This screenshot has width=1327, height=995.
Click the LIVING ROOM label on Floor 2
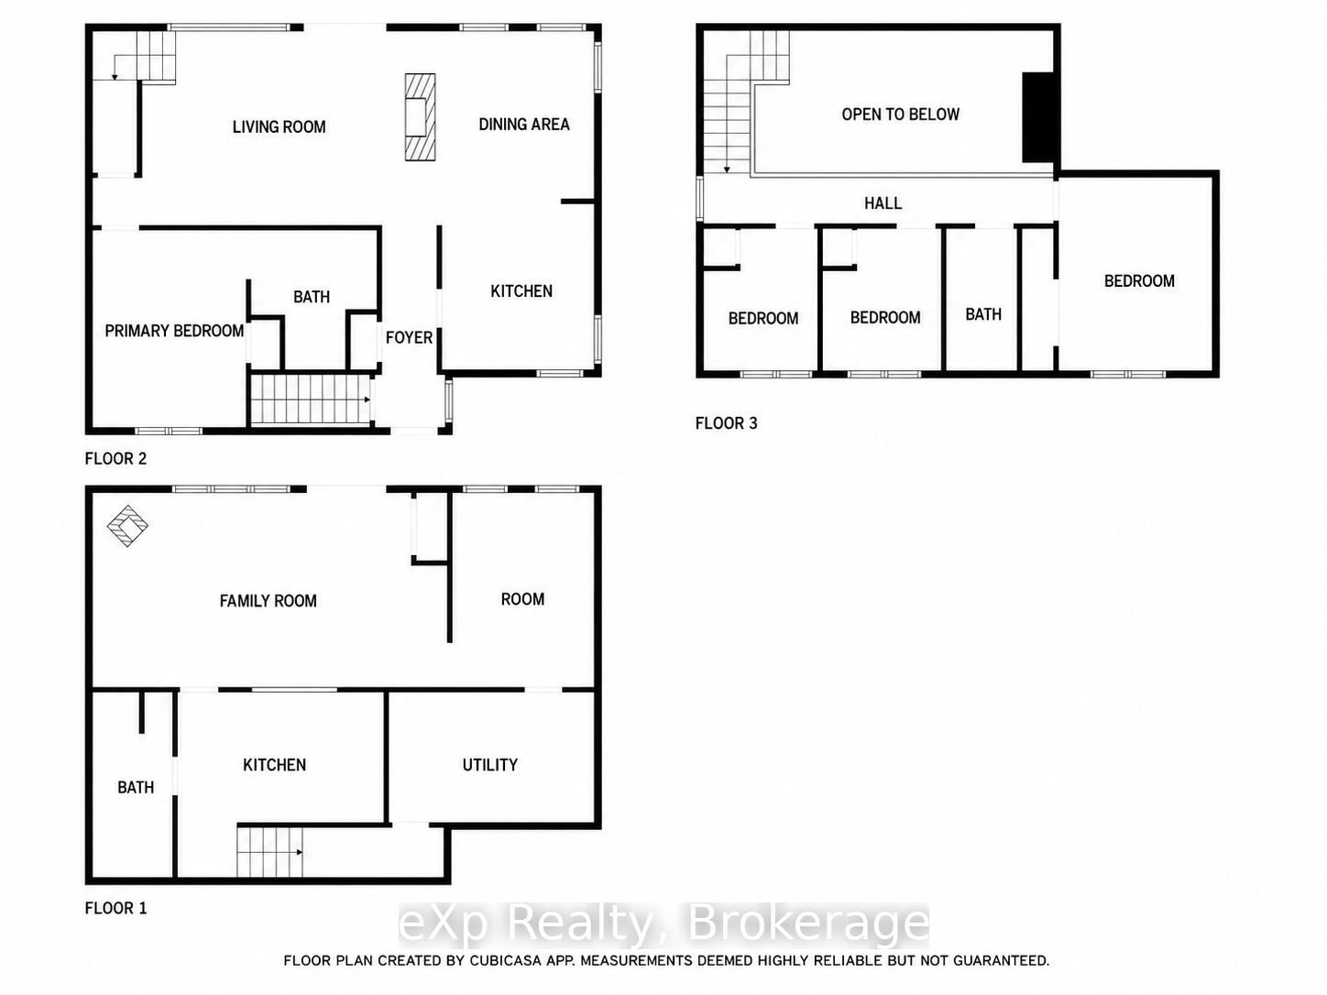point(279,126)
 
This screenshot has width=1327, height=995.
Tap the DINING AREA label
point(523,125)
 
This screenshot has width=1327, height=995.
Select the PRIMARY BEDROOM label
point(174,331)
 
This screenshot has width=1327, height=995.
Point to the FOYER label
point(409,337)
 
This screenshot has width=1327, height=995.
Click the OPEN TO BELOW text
point(900,115)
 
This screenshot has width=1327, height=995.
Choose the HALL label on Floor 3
point(883,203)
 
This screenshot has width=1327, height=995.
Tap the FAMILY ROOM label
point(268,601)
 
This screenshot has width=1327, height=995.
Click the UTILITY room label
point(489,765)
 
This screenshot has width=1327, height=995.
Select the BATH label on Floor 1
point(136,788)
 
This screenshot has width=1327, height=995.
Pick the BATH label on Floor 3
point(983,315)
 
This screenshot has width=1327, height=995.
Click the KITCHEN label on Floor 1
point(274,765)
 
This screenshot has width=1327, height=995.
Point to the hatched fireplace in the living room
point(420,116)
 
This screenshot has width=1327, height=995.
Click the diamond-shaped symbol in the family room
point(127,526)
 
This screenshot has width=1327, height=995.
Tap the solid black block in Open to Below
point(1038,118)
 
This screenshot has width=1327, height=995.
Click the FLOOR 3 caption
point(726,423)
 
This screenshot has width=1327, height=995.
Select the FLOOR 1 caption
point(115,909)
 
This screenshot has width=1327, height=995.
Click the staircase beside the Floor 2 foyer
point(310,399)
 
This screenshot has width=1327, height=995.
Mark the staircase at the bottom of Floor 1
point(269,852)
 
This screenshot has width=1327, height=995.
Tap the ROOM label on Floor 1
point(522,599)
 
